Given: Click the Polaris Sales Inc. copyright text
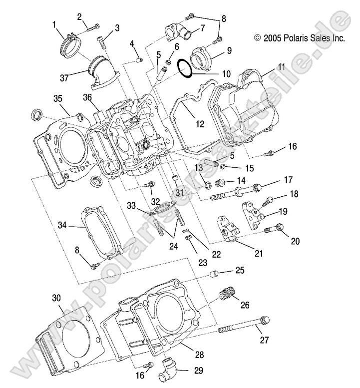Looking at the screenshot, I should click(299, 37).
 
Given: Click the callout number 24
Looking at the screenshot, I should click(173, 245).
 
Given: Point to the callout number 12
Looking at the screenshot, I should click(200, 124).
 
